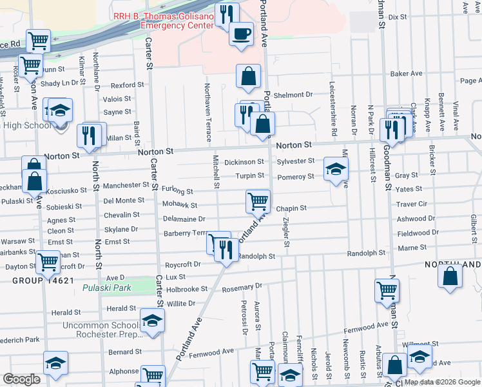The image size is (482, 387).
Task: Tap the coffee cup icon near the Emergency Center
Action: [242, 33]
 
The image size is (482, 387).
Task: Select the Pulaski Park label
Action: [107, 288]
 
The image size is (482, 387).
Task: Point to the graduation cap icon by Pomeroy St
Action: [336, 169]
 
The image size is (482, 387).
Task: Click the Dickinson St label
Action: [244, 162]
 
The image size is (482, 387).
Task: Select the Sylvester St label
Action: [296, 161]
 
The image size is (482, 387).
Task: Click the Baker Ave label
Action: [406, 74]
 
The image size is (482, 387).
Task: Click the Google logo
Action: [22, 379]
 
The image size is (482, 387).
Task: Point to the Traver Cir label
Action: [412, 203]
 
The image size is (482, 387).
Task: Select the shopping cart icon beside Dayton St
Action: [48, 263]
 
